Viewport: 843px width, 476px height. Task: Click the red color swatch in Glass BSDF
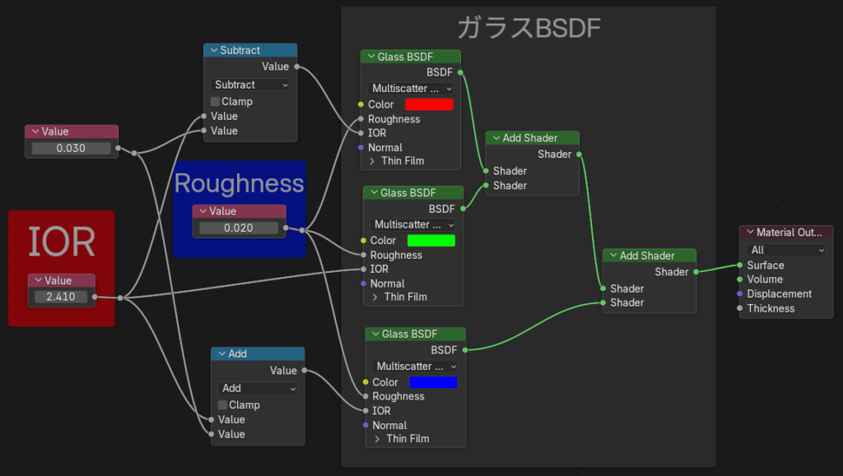coord(429,104)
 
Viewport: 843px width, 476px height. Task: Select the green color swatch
coord(431,240)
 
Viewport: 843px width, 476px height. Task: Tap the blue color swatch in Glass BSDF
coord(433,382)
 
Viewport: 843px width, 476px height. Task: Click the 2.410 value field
coord(61,297)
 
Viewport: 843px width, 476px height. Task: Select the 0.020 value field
coord(239,228)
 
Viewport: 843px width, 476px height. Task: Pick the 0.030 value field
coord(71,149)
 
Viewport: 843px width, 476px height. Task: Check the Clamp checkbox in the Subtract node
coord(216,102)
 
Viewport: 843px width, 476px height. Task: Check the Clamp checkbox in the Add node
coord(223,405)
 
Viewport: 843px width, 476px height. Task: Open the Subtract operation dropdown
coord(250,85)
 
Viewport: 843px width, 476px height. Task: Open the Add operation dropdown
coord(258,388)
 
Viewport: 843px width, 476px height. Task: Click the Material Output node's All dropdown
coord(785,250)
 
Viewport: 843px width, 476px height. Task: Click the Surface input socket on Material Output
coord(740,266)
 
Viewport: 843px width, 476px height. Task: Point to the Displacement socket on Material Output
coord(740,294)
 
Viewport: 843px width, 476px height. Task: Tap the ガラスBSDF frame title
coord(529,29)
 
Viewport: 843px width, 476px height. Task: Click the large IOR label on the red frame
coord(61,242)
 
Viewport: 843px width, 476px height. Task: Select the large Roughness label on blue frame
coord(239,183)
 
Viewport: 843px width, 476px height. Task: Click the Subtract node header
coord(250,51)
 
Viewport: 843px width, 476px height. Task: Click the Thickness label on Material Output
coord(771,308)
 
